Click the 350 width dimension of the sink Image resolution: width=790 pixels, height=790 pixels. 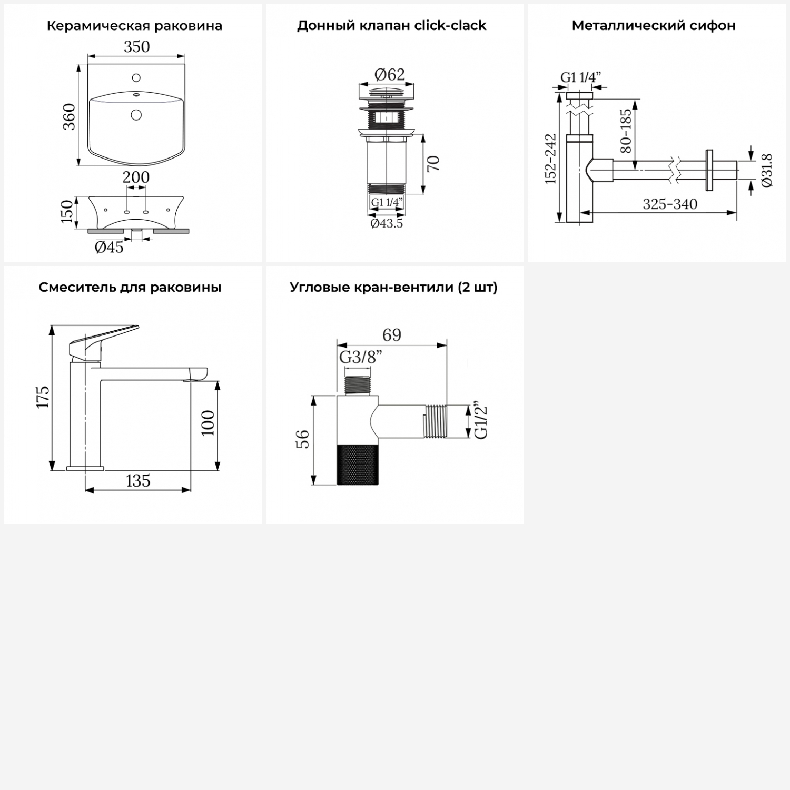click(x=137, y=47)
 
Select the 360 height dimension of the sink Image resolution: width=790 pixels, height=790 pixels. click(x=69, y=116)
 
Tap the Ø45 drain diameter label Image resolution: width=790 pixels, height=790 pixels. click(x=109, y=246)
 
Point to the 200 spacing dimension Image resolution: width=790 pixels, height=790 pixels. click(x=136, y=177)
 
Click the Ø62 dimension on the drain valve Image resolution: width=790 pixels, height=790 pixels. click(x=390, y=75)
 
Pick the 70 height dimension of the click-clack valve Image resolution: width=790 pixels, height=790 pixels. click(x=433, y=164)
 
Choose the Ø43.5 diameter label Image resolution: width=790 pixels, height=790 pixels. click(x=387, y=223)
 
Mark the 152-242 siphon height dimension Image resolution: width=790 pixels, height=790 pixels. click(x=550, y=159)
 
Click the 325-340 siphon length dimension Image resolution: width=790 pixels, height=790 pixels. click(x=670, y=204)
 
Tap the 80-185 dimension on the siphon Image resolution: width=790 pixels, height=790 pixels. click(x=626, y=131)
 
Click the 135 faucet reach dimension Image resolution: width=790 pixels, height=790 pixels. click(x=138, y=481)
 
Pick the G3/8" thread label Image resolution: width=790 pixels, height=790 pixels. click(x=361, y=357)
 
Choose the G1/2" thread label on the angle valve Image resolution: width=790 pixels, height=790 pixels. click(x=481, y=421)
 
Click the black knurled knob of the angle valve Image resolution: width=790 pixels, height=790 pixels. click(x=358, y=464)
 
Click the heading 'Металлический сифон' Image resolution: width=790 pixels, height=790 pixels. click(x=654, y=25)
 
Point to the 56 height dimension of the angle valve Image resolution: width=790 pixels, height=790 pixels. click(x=304, y=439)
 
